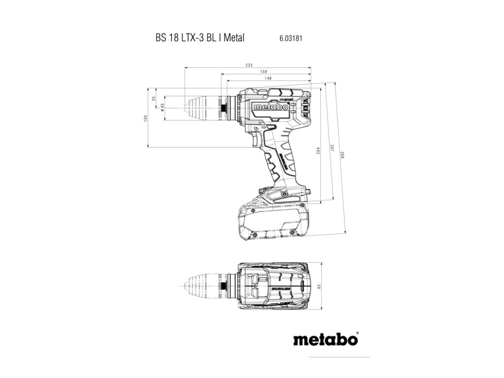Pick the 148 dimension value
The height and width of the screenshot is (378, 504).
pyautogui.click(x=268, y=78)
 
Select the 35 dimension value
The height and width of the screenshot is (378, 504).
pyautogui.click(x=154, y=98)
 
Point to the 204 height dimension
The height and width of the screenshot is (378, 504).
pyautogui.click(x=318, y=150)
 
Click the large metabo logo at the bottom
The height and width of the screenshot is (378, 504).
pyautogui.click(x=325, y=339)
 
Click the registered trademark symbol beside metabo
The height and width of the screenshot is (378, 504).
pyautogui.click(x=357, y=333)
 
